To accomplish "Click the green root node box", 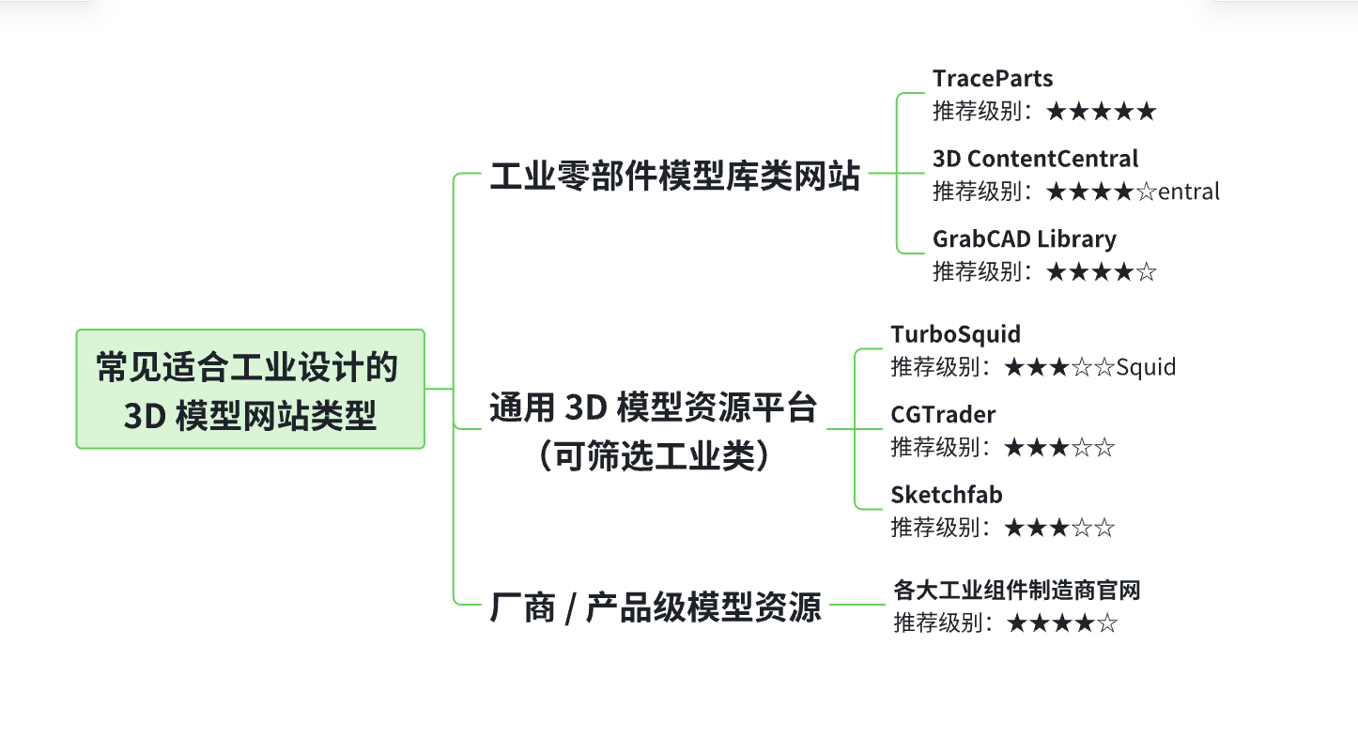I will click(x=250, y=389).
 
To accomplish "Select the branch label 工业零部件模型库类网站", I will click(x=674, y=175).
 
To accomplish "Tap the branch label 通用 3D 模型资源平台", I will click(x=654, y=408).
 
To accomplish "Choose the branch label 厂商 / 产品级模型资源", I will click(x=656, y=607).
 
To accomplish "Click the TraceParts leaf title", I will click(x=992, y=79).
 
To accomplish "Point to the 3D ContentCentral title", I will click(x=1035, y=159).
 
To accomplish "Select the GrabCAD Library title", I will click(x=1024, y=239).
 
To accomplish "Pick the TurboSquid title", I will click(x=955, y=334).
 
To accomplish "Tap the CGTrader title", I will click(x=943, y=414).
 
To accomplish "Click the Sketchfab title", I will click(x=947, y=495).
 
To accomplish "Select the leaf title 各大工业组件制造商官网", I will click(x=1016, y=591).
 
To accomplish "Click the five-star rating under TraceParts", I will click(x=1101, y=112).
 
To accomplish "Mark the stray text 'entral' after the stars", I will click(x=1189, y=192).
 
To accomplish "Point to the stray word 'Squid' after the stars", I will click(x=1146, y=367).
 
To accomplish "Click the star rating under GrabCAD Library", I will click(x=1101, y=272).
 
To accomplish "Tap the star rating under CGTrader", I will click(x=1058, y=447).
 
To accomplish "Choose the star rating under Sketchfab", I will click(x=1058, y=528).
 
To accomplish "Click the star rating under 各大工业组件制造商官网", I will click(x=1061, y=623).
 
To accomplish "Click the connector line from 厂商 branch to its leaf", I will click(x=856, y=605).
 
